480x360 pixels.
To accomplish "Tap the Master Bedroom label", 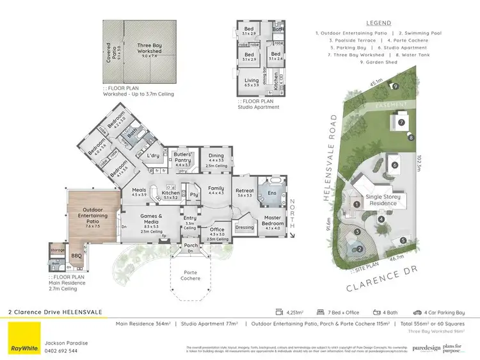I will (x=273, y=224).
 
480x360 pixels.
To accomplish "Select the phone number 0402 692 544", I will (x=61, y=350).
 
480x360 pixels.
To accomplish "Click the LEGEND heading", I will (x=379, y=23).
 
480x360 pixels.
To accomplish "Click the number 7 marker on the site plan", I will (x=402, y=122).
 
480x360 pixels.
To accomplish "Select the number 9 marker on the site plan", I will (x=396, y=86).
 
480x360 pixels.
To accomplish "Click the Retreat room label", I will (x=245, y=193).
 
